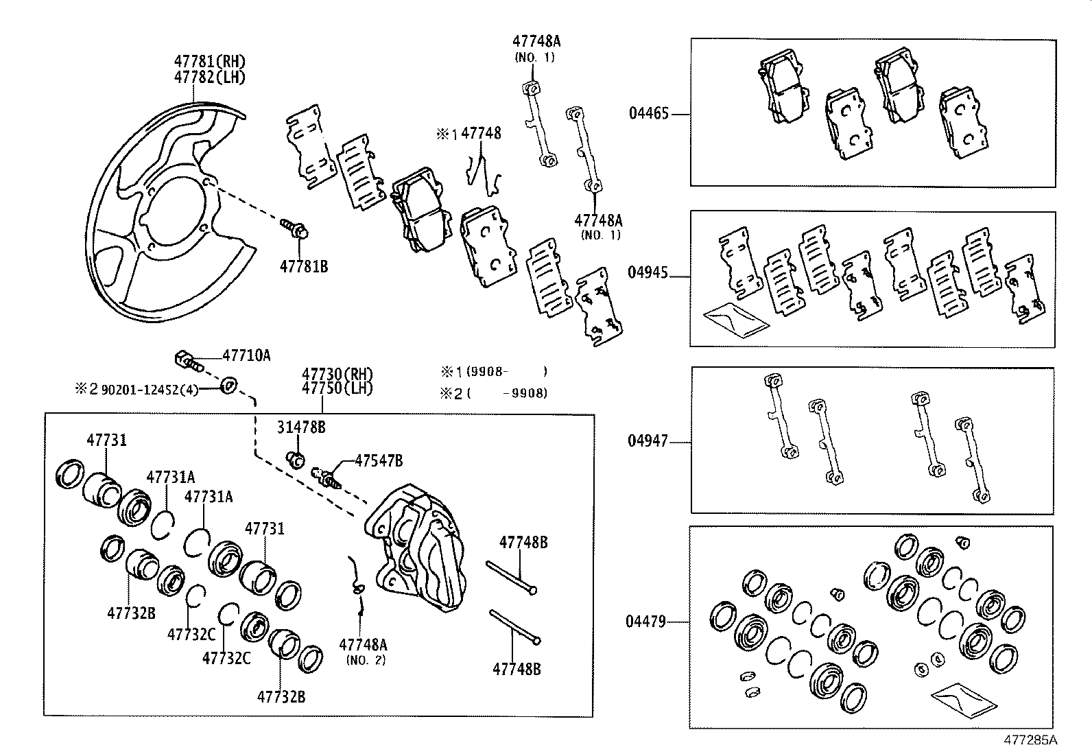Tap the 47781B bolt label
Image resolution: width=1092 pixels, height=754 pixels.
303,266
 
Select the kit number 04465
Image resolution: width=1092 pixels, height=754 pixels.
648,113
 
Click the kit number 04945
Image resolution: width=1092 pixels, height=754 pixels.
648,272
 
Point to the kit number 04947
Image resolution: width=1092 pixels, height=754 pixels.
648,440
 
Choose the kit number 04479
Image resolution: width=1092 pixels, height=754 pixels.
645,622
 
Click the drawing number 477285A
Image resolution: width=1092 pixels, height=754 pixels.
1030,740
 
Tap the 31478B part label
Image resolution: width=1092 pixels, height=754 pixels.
301,427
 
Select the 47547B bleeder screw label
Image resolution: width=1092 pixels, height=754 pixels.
378,460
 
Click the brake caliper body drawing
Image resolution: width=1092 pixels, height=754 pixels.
418,549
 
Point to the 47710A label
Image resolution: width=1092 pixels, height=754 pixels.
246,355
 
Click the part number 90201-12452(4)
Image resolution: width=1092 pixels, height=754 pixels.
150,389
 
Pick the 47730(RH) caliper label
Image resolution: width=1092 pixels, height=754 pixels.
337,375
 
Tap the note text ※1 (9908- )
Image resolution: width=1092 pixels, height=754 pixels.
494,372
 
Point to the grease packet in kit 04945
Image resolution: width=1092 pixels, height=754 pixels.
736,319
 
